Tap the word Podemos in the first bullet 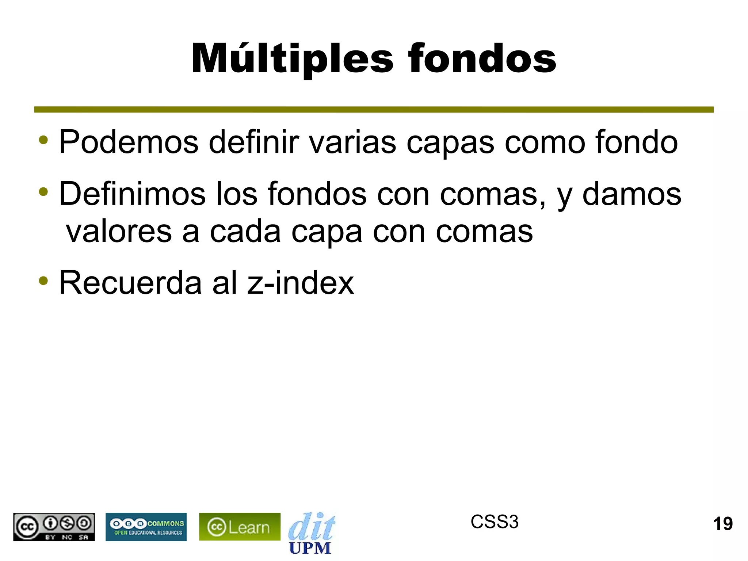(x=129, y=142)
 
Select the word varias (x=352, y=142)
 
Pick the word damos (x=631, y=194)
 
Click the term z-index (x=300, y=283)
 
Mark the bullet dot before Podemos (x=43, y=140)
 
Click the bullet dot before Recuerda (x=43, y=280)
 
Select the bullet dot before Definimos (x=43, y=192)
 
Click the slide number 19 (x=723, y=524)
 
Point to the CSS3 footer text (x=494, y=522)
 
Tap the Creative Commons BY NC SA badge (x=54, y=527)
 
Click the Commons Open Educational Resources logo (x=146, y=527)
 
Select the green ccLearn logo (x=240, y=527)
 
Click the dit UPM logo (x=311, y=533)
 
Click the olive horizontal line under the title (x=374, y=110)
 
